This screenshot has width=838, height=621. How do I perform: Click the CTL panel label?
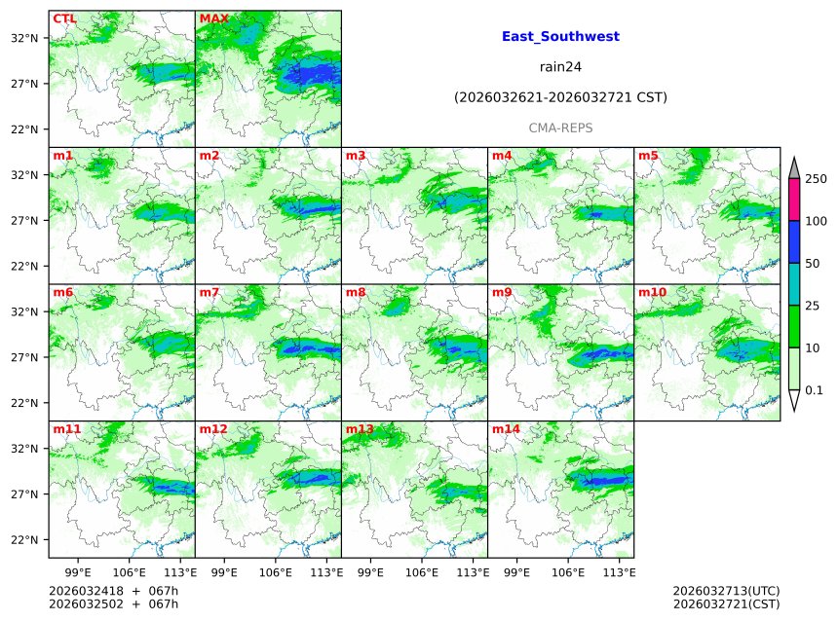[x=64, y=18]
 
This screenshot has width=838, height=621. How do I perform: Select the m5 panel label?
[x=648, y=156]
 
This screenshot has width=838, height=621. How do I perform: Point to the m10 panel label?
[x=652, y=292]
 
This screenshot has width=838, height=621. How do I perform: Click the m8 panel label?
[x=356, y=292]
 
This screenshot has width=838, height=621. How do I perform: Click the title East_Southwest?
[x=560, y=37]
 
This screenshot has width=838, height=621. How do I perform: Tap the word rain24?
[x=560, y=67]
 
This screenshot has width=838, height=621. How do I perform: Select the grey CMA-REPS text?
[x=560, y=128]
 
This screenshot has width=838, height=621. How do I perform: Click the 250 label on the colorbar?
[x=817, y=179]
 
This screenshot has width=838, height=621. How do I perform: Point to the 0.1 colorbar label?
[x=815, y=390]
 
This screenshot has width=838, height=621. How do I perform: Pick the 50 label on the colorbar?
[x=813, y=264]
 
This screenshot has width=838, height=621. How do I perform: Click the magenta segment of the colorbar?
[x=793, y=201]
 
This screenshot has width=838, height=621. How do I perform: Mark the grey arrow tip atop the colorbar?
[x=793, y=168]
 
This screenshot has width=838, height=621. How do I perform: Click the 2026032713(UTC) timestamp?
[x=726, y=591]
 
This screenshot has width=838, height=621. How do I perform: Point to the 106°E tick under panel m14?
[x=569, y=572]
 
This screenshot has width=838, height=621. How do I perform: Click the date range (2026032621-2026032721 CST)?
[x=560, y=97]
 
